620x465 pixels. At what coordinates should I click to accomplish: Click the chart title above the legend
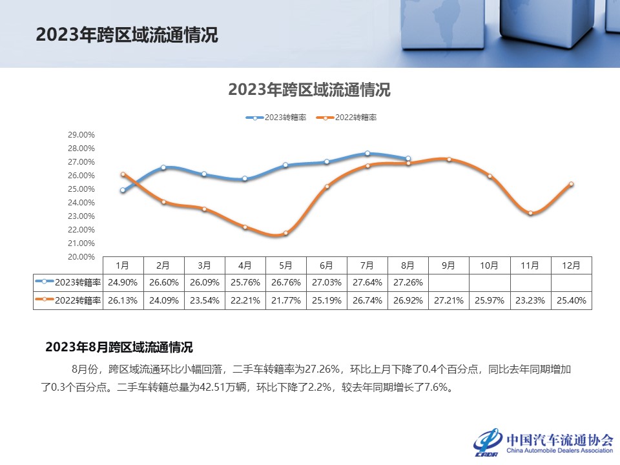309,90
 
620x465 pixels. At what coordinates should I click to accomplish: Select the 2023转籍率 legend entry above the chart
276,118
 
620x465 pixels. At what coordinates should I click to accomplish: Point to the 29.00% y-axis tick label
81,135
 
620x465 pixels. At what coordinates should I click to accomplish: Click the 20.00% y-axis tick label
81,257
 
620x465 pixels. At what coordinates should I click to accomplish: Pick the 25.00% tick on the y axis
81,189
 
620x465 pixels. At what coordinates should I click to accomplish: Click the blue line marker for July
367,153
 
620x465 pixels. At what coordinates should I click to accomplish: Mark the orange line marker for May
285,233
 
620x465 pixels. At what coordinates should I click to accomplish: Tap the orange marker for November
530,213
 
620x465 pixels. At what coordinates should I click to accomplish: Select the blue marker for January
123,191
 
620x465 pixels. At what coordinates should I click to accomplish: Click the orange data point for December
571,184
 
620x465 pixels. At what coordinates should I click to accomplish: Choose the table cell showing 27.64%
367,282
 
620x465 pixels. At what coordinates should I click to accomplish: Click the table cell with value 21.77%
286,300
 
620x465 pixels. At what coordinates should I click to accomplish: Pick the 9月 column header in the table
449,265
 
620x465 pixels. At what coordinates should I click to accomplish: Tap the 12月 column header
571,265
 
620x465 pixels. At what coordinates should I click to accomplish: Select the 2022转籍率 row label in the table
68,300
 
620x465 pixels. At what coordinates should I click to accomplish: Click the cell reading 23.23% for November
530,300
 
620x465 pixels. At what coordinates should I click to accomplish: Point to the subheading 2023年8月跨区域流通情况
119,347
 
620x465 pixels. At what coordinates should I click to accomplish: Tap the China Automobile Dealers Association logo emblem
487,441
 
